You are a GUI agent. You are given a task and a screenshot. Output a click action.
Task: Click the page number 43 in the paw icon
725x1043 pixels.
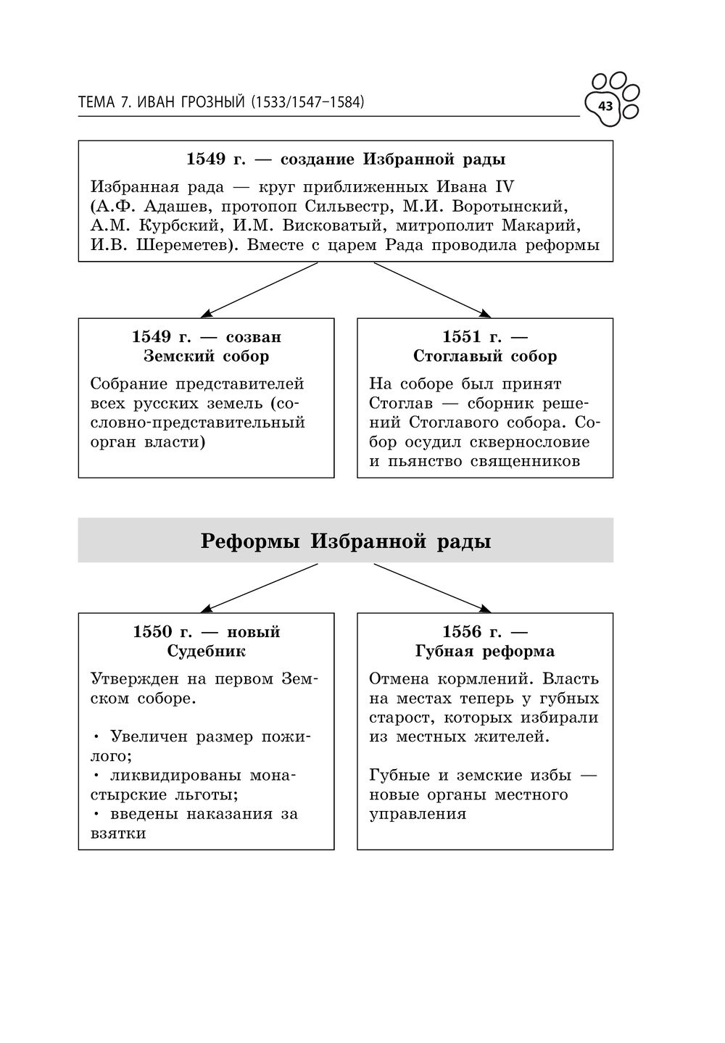(605, 107)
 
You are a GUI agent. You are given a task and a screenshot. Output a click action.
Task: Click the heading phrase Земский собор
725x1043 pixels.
(207, 357)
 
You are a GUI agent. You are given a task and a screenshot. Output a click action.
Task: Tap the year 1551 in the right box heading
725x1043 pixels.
(462, 337)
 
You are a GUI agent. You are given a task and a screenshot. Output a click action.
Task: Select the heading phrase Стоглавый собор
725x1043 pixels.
(485, 357)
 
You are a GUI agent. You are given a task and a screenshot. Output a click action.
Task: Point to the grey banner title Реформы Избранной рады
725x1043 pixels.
(345, 541)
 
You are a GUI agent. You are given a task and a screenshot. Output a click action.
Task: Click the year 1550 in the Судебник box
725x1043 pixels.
(153, 632)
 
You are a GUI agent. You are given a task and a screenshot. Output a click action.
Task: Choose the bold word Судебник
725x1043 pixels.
(207, 652)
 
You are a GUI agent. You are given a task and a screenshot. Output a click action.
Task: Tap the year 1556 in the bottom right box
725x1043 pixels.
(462, 632)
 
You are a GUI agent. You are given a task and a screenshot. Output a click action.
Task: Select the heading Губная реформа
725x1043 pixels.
(485, 652)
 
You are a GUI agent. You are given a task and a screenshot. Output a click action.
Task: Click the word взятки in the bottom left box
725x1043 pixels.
(118, 834)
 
